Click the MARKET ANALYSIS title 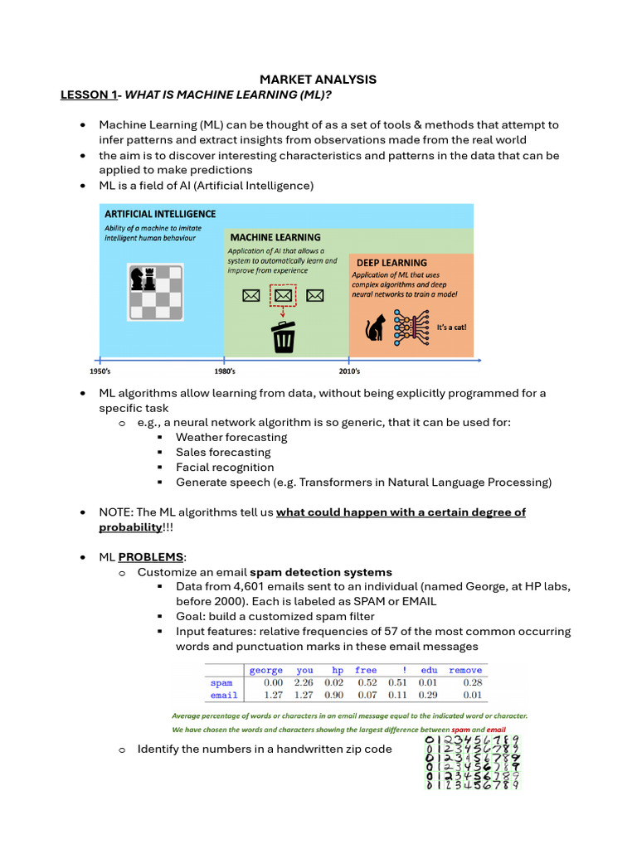[318, 80]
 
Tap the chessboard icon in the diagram [157, 291]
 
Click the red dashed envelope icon [284, 296]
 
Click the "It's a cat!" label [451, 327]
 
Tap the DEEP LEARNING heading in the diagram [391, 263]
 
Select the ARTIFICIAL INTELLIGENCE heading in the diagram [160, 214]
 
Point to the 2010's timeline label [349, 371]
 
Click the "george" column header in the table [266, 670]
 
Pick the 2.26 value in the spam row [304, 682]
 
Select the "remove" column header [464, 670]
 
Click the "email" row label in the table [224, 695]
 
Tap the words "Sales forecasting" [223, 452]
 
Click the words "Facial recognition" [225, 467]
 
